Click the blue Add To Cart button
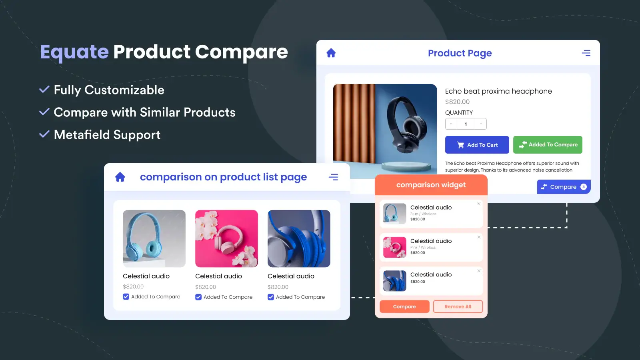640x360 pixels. point(477,145)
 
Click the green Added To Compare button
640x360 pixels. point(548,145)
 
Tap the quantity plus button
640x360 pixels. point(481,124)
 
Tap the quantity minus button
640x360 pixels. point(451,124)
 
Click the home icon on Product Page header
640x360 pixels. point(331,53)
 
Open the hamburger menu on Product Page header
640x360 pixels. point(586,53)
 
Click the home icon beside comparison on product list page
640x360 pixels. point(120,177)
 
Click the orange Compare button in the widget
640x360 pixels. point(404,306)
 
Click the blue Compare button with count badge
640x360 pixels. point(564,187)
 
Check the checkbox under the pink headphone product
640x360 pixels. point(198,297)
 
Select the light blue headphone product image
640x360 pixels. point(154,238)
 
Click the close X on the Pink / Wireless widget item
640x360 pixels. point(479,237)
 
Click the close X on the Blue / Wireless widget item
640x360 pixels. point(479,204)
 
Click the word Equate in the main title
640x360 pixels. point(74,52)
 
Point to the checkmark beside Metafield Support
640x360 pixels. point(44,134)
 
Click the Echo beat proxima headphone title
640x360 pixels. point(498,91)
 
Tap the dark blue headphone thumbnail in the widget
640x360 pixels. point(394,281)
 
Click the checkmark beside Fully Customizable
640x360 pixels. point(44,90)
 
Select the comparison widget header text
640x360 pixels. point(431,185)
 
